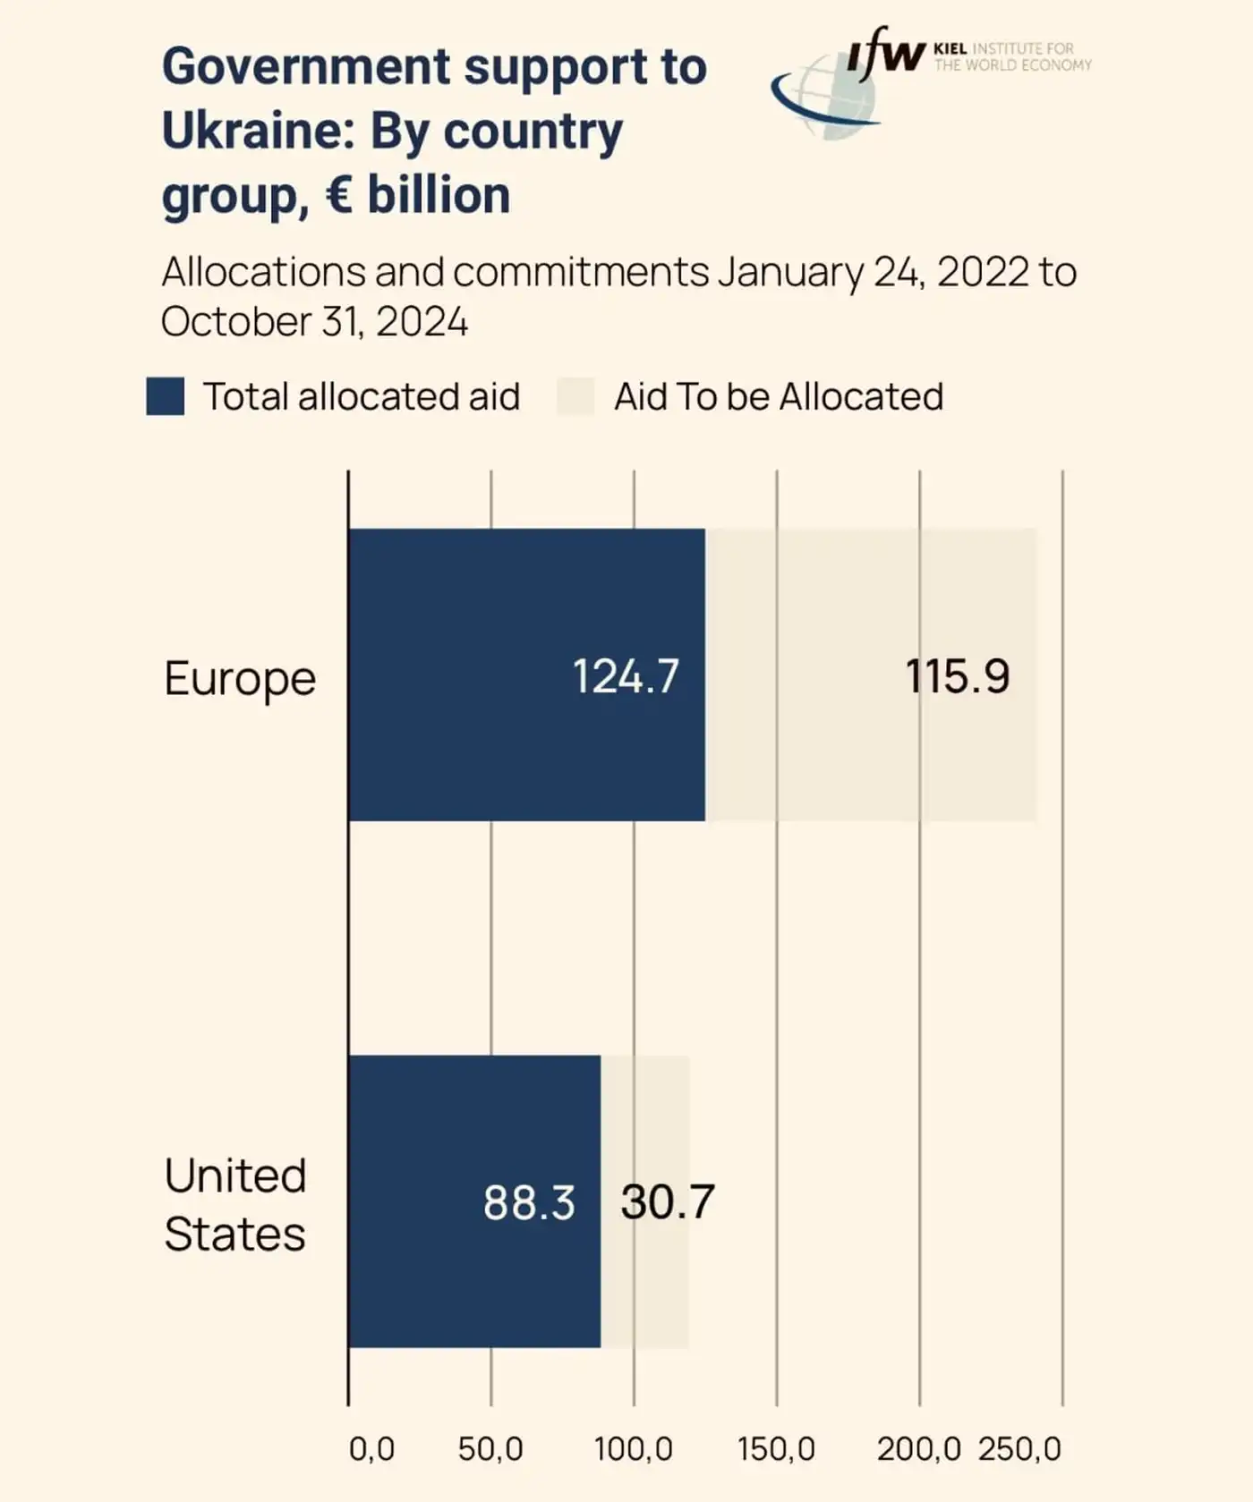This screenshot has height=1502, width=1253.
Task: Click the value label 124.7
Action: [626, 676]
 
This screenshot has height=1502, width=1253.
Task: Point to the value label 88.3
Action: [529, 1202]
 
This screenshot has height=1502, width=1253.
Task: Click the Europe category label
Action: [240, 678]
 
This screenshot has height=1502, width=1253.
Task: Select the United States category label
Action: [235, 1204]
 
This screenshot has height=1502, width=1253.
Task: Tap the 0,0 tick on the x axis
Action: [371, 1449]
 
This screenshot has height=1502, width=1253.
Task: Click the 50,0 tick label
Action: [490, 1449]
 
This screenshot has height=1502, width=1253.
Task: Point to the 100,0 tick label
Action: [634, 1449]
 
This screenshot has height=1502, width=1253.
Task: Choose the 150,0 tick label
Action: [776, 1449]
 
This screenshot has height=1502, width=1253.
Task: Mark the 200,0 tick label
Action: [918, 1449]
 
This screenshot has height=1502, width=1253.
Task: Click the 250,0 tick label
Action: [1019, 1449]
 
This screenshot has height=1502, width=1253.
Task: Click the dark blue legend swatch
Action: [166, 396]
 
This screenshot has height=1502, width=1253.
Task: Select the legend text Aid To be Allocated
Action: [779, 396]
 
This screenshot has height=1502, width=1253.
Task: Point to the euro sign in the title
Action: [339, 195]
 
